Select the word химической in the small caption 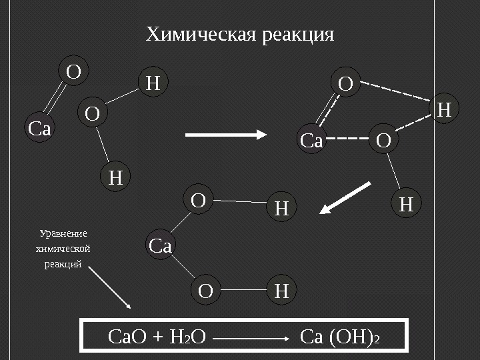coord(62,249)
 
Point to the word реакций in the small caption coord(62,264)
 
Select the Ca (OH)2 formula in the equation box coord(340,338)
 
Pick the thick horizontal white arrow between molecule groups coord(225,135)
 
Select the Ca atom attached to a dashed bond coord(311,141)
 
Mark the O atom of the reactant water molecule coord(92,114)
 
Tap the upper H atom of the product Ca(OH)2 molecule coord(281,209)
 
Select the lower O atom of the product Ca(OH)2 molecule coord(206,291)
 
